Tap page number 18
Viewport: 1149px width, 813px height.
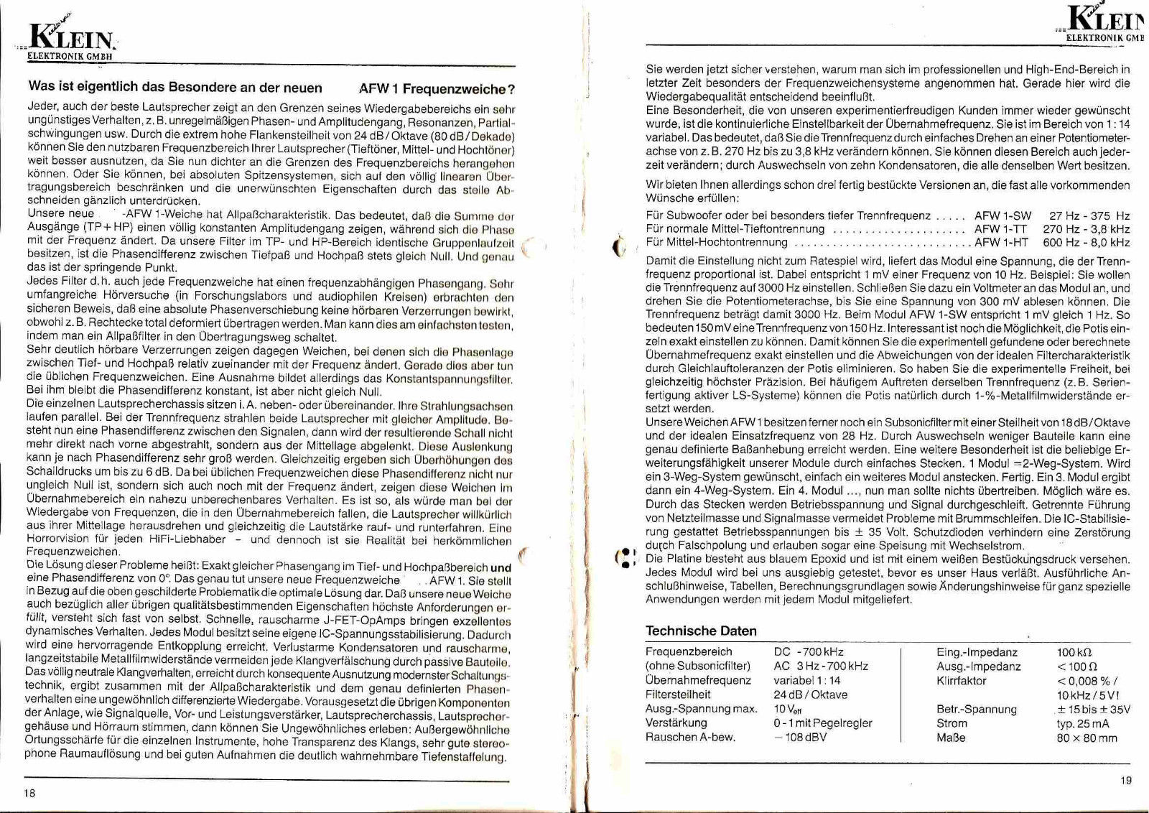(x=29, y=793)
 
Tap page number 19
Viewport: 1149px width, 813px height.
(x=1125, y=781)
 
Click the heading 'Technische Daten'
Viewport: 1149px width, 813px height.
(x=701, y=631)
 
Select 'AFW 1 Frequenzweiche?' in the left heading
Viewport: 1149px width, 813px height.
(x=437, y=89)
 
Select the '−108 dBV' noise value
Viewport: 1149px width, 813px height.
(x=800, y=737)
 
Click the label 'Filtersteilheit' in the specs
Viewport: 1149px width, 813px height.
(x=678, y=694)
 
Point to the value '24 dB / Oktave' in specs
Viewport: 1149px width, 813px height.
(x=810, y=694)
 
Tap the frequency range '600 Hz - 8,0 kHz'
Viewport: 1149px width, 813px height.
(x=1086, y=243)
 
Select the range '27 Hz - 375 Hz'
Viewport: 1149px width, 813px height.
(x=1089, y=215)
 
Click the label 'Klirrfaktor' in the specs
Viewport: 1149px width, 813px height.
(x=962, y=681)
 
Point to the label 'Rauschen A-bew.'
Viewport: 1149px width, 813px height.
(x=684, y=737)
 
